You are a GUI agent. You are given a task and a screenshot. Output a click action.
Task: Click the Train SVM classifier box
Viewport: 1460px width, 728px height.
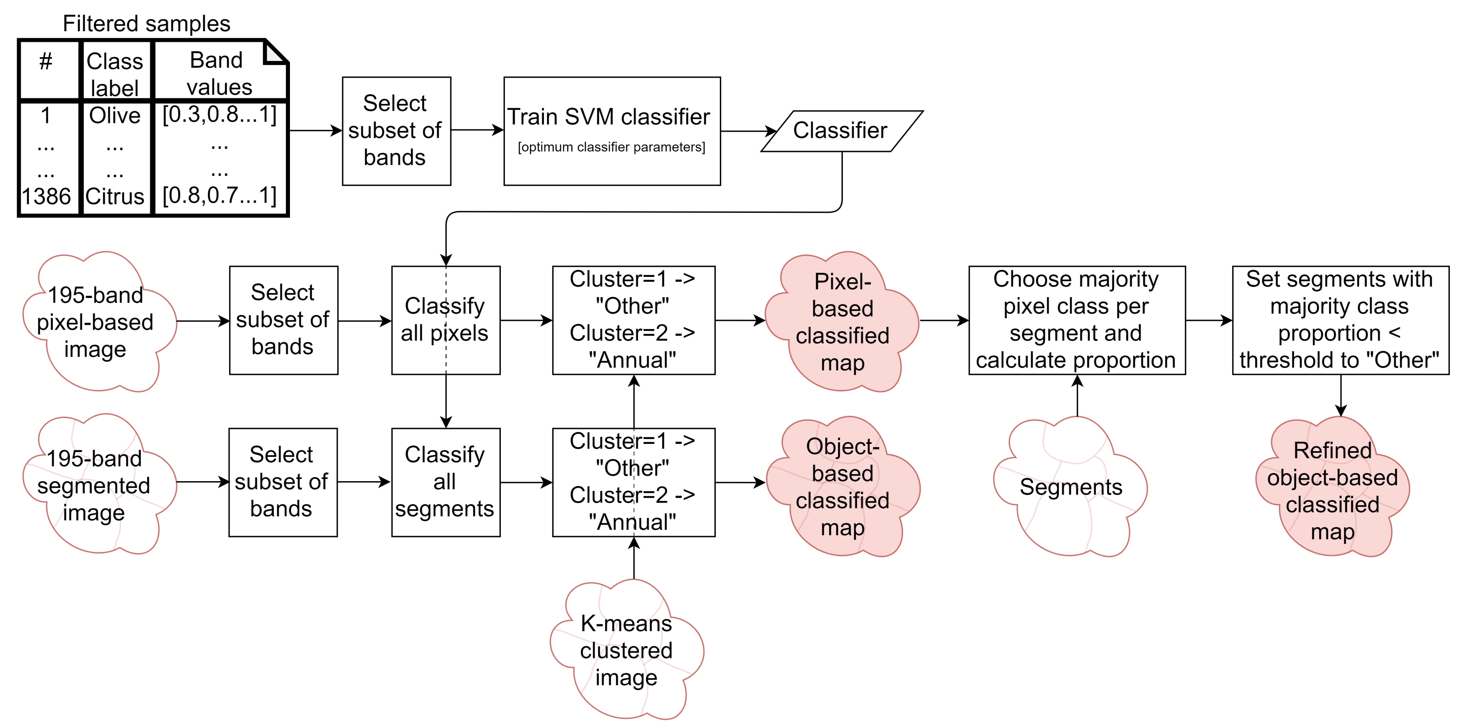click(x=612, y=131)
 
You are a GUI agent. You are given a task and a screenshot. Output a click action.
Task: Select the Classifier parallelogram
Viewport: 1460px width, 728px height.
click(x=842, y=131)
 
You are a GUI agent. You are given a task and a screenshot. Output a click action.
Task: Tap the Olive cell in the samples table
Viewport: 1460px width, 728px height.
click(x=115, y=116)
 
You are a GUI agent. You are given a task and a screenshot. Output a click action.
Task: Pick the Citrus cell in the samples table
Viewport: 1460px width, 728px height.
click(x=115, y=197)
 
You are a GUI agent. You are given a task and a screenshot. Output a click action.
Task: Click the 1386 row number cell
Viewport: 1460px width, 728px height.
click(x=47, y=197)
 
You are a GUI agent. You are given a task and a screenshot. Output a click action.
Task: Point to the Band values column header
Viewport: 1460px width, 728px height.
click(x=219, y=73)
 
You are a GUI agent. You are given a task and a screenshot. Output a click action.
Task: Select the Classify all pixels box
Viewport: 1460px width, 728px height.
click(x=446, y=320)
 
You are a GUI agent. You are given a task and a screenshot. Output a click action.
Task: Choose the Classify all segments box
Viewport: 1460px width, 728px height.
click(x=446, y=482)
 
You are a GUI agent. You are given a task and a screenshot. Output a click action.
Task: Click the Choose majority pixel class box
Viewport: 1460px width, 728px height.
click(x=1077, y=320)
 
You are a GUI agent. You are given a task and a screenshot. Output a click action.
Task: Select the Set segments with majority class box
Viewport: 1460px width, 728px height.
click(x=1340, y=320)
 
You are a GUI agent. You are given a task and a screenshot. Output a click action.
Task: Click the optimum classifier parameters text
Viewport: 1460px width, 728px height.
click(x=612, y=147)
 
